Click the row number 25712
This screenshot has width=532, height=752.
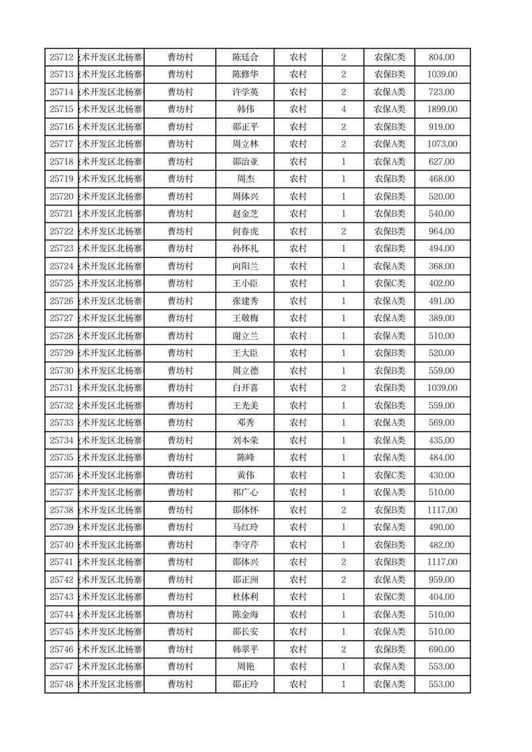click(62, 58)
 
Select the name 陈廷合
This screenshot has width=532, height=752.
click(245, 58)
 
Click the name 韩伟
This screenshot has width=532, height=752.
click(245, 109)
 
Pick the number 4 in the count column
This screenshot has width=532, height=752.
click(343, 109)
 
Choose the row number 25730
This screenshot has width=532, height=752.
click(62, 371)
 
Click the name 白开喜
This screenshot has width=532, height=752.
click(245, 388)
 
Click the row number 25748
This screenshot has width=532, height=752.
click(62, 684)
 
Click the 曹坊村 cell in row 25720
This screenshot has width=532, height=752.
click(180, 196)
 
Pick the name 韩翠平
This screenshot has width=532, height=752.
click(245, 649)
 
